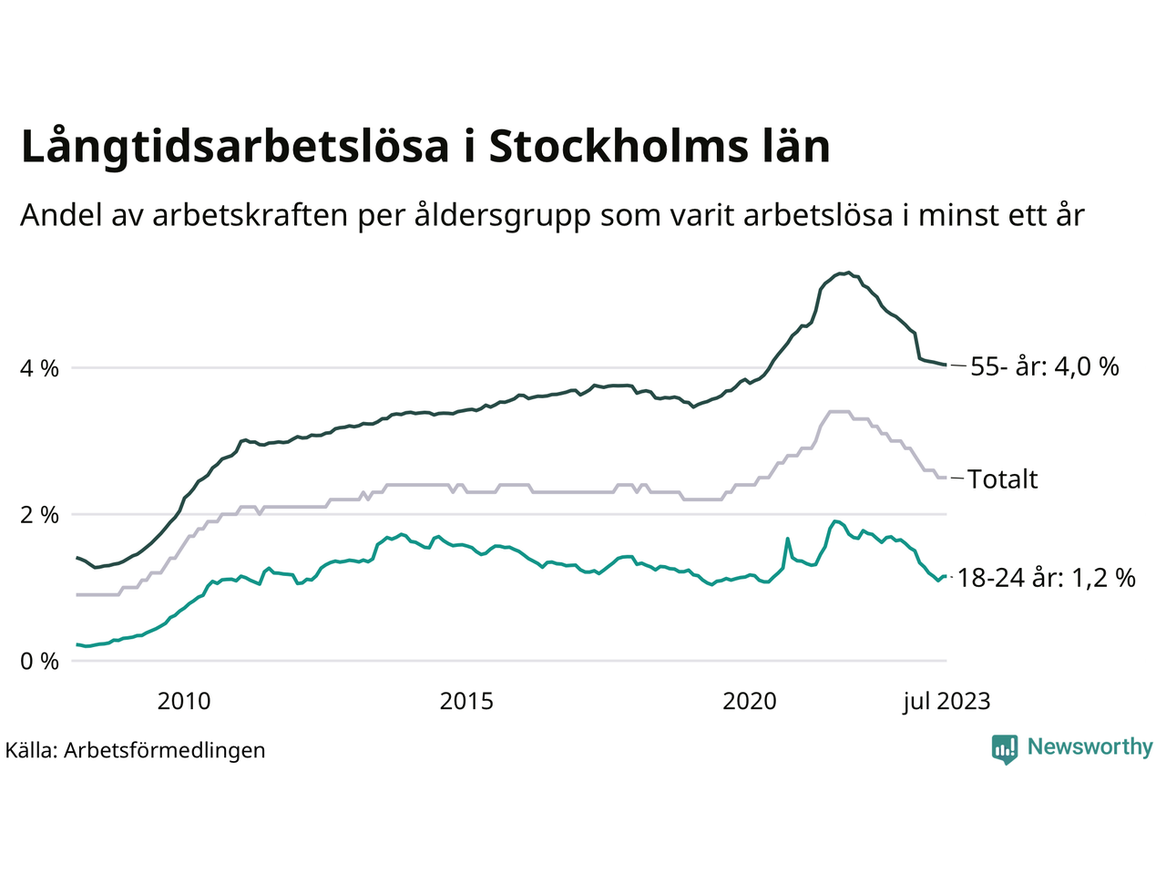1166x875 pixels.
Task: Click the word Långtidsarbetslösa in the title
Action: coord(234,148)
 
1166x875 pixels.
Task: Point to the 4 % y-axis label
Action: coord(40,369)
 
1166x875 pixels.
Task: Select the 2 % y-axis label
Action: coord(40,515)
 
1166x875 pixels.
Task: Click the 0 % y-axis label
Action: coord(40,661)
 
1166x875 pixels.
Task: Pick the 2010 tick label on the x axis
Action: coord(183,702)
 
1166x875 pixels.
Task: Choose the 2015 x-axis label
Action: coord(466,702)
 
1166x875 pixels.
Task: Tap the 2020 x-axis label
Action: coord(749,702)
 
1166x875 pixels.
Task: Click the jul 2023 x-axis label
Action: coord(946,702)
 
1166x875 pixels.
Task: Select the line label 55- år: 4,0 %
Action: coord(1044,367)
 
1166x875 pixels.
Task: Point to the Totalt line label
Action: coord(1002,479)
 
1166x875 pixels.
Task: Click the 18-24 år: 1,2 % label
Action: coord(1047,578)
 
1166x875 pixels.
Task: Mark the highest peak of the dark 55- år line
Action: coord(848,273)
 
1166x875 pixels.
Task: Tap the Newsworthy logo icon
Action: coord(1005,749)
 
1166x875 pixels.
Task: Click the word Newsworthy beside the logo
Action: coord(1089,747)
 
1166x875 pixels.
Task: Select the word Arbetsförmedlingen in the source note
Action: coord(165,750)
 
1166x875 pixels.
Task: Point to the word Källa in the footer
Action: coord(31,750)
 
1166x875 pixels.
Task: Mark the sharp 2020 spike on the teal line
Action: coord(787,539)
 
